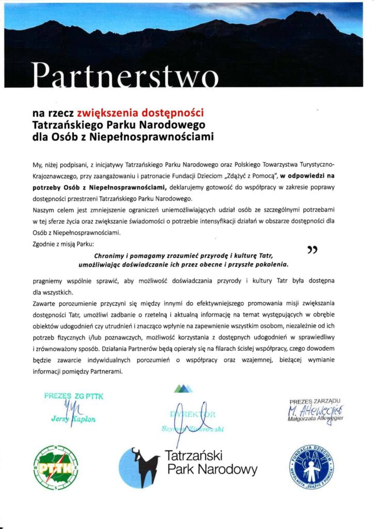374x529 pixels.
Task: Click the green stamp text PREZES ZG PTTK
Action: pyautogui.click(x=74, y=396)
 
